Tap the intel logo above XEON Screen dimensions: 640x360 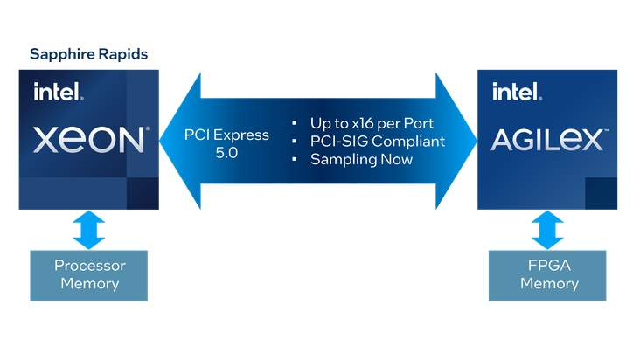pos(59,92)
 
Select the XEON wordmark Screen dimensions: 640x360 pos(91,140)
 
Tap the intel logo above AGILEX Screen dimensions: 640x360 pos(517,92)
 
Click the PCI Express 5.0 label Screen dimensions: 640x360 pos(226,143)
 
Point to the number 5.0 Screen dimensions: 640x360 pos(226,153)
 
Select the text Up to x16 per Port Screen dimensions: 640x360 pos(372,123)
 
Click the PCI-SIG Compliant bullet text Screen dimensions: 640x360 pos(378,141)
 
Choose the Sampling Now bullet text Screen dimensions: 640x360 pos(361,159)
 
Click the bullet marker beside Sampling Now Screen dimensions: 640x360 pos(295,159)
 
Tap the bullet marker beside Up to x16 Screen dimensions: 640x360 pos(295,123)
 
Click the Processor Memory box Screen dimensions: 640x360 pos(89,275)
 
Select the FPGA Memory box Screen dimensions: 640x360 pos(547,275)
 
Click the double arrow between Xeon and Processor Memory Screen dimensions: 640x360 pos(89,230)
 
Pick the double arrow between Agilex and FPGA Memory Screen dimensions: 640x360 pos(547,230)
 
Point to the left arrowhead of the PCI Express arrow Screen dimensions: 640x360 pos(180,141)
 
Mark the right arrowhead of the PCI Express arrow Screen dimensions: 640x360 pos(456,141)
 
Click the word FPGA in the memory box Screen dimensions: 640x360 pos(549,266)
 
